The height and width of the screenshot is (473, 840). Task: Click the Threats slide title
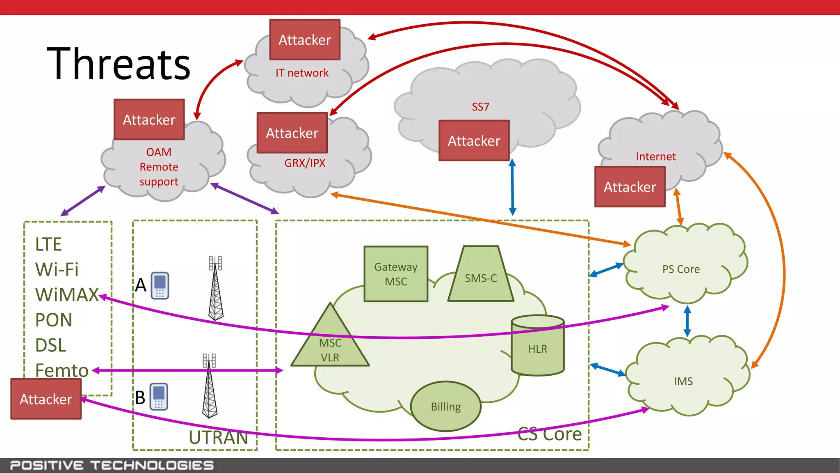tap(119, 64)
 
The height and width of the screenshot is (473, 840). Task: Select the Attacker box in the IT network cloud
tap(304, 40)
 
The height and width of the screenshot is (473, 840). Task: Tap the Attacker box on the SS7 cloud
tap(474, 141)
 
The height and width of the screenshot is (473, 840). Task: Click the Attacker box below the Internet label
tap(630, 187)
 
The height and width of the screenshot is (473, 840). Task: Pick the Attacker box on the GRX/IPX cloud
tap(292, 133)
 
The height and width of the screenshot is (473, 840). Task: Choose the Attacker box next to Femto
tap(46, 399)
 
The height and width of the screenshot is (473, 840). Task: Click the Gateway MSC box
tap(396, 274)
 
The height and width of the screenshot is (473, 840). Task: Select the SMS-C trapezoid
tap(481, 277)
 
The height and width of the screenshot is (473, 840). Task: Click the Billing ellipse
tap(446, 406)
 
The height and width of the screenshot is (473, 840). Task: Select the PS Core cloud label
tap(681, 269)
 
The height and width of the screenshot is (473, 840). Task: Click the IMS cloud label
tap(683, 381)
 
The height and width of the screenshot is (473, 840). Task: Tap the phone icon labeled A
tap(160, 285)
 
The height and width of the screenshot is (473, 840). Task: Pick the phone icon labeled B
tap(159, 397)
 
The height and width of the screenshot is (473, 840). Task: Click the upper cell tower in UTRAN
tap(216, 289)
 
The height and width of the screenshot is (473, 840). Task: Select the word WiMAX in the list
tap(67, 295)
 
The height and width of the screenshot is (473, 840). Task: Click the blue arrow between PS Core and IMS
tap(687, 321)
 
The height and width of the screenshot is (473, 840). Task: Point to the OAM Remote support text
tap(159, 167)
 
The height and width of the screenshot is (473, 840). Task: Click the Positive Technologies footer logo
tap(112, 465)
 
